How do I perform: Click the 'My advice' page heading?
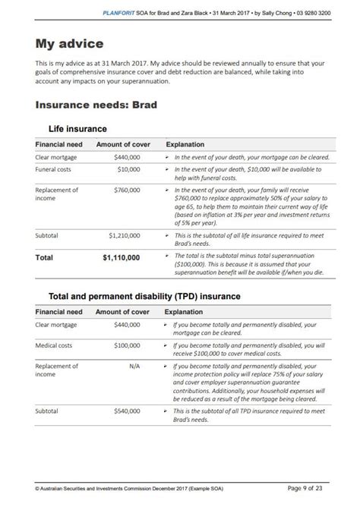coord(70,44)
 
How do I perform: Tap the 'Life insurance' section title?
coord(77,129)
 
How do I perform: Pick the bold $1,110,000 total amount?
coord(122,257)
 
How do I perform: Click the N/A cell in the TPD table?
coord(133,367)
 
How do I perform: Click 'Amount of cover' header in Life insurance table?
coord(123,143)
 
